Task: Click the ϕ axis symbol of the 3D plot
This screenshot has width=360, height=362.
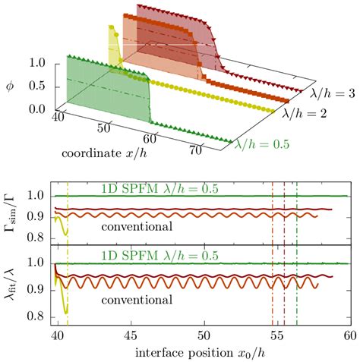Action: (x=10, y=82)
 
